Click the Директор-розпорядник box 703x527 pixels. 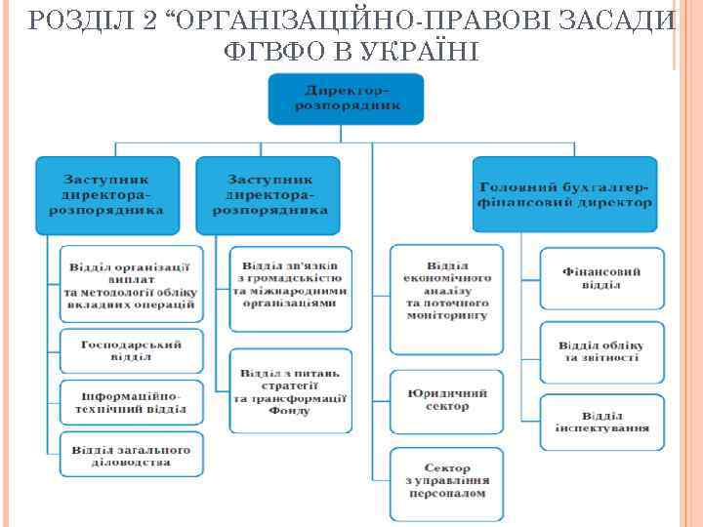pos(346,98)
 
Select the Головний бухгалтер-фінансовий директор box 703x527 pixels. pos(566,194)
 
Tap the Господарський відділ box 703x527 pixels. pos(133,350)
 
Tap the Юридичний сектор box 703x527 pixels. pos(448,400)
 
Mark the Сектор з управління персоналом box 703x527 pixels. pos(448,480)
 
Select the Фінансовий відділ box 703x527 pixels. pos(601,278)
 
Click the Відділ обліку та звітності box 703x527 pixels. pos(601,351)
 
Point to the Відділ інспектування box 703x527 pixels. pos(601,422)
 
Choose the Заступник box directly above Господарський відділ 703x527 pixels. pos(107,194)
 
